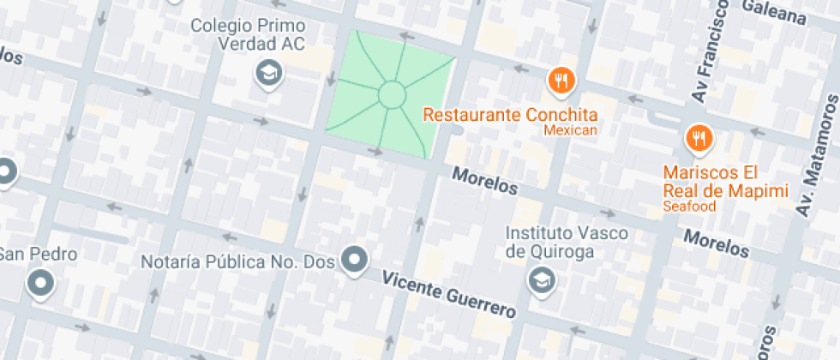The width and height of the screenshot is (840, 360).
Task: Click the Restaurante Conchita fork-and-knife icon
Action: pos(561,81)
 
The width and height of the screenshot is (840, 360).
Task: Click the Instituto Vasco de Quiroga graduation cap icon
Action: pos(541,279)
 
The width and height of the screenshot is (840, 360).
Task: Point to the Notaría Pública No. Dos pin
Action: pos(354,258)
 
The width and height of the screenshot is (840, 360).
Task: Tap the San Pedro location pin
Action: pos(40,282)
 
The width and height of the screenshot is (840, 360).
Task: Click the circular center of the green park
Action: pos(391,94)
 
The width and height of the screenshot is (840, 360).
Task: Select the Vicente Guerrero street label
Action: pos(448,294)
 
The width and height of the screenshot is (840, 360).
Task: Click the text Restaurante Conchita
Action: pos(511,114)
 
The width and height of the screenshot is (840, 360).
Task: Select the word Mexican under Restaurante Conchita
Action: pos(570,130)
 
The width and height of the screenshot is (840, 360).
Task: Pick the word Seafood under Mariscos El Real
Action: pos(688,207)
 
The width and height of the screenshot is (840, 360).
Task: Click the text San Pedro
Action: pos(39,255)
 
